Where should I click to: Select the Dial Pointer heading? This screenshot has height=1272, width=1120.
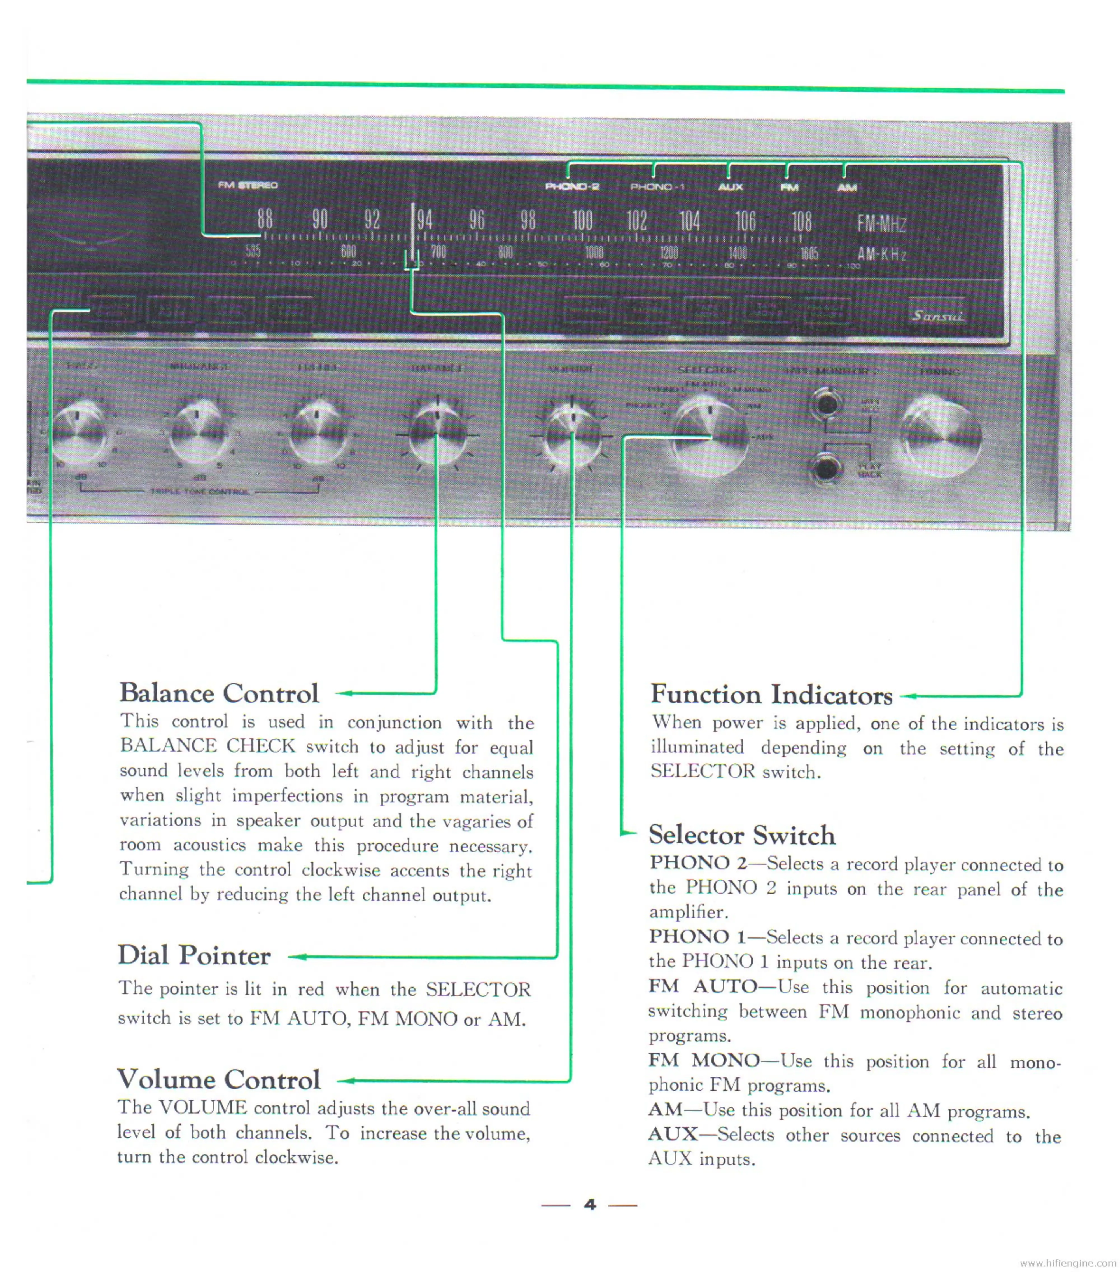click(x=194, y=955)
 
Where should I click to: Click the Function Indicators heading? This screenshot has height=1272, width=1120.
click(x=771, y=695)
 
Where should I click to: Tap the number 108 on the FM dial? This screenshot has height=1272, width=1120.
click(x=801, y=221)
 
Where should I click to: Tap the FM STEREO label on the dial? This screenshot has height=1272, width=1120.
click(x=248, y=185)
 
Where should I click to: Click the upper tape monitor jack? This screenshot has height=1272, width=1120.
click(x=827, y=403)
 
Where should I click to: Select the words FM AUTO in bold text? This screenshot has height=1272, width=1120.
click(x=702, y=986)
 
